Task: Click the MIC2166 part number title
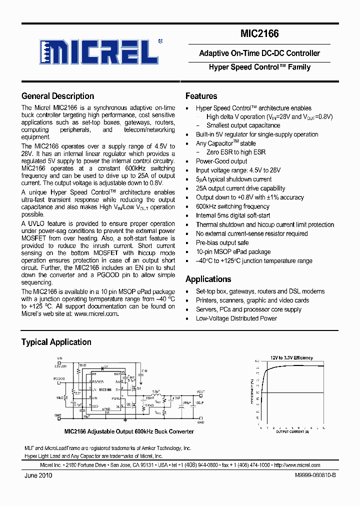click(259, 34)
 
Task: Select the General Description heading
click(57, 96)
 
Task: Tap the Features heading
click(201, 96)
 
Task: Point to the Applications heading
click(208, 279)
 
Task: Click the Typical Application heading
click(56, 342)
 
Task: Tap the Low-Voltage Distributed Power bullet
click(236, 318)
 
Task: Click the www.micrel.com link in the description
click(96, 314)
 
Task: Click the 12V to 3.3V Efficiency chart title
click(291, 358)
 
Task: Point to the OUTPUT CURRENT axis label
click(292, 431)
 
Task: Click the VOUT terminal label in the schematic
click(200, 392)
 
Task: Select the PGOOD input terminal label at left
click(59, 379)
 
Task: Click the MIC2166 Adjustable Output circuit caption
click(128, 431)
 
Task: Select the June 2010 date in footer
click(38, 475)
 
